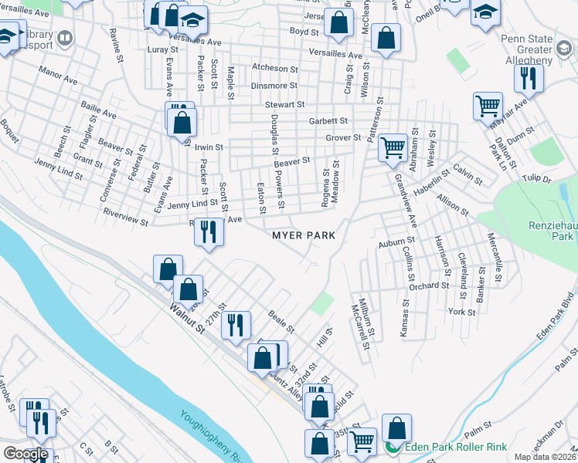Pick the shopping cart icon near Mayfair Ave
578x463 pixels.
[x=488, y=106]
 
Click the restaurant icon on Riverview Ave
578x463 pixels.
[x=208, y=231]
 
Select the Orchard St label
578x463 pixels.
[x=430, y=286]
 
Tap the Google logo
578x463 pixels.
[x=25, y=453]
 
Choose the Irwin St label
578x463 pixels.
[x=209, y=146]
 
